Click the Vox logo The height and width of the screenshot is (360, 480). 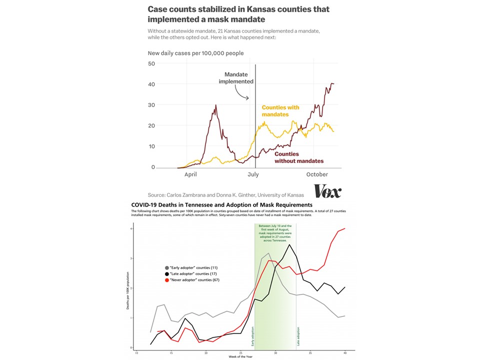327,191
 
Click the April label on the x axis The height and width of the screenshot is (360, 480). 190,174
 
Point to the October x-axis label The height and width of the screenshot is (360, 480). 317,174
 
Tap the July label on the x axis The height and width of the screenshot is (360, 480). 253,174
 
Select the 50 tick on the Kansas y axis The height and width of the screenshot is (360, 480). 151,63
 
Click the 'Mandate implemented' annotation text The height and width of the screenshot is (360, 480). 236,78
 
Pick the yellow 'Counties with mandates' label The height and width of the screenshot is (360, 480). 280,111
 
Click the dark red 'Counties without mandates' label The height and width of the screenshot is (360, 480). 299,157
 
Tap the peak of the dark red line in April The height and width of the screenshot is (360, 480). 216,105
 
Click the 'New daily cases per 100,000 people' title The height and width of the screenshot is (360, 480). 196,53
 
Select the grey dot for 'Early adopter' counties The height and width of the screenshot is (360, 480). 166,268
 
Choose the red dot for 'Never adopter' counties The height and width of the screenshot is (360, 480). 166,280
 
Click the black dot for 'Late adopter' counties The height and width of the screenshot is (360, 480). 166,274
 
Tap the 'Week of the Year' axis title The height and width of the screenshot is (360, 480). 240,356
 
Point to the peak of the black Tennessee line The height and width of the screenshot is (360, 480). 289,244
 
